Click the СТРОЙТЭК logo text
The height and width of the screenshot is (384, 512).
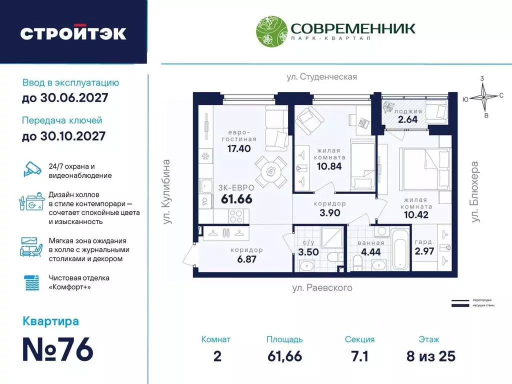(73, 33)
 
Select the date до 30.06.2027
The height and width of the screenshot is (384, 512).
(65, 98)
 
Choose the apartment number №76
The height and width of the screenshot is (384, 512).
(58, 350)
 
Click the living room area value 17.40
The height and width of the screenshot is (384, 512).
(238, 148)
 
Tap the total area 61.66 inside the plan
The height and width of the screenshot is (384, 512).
(236, 198)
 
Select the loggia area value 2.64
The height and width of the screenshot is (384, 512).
(406, 119)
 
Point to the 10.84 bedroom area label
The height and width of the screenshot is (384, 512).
(329, 166)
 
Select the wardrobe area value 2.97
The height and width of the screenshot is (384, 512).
(424, 251)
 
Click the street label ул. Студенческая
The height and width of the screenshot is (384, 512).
(321, 76)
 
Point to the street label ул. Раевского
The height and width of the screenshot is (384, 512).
(322, 287)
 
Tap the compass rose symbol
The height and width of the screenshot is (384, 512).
(484, 97)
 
